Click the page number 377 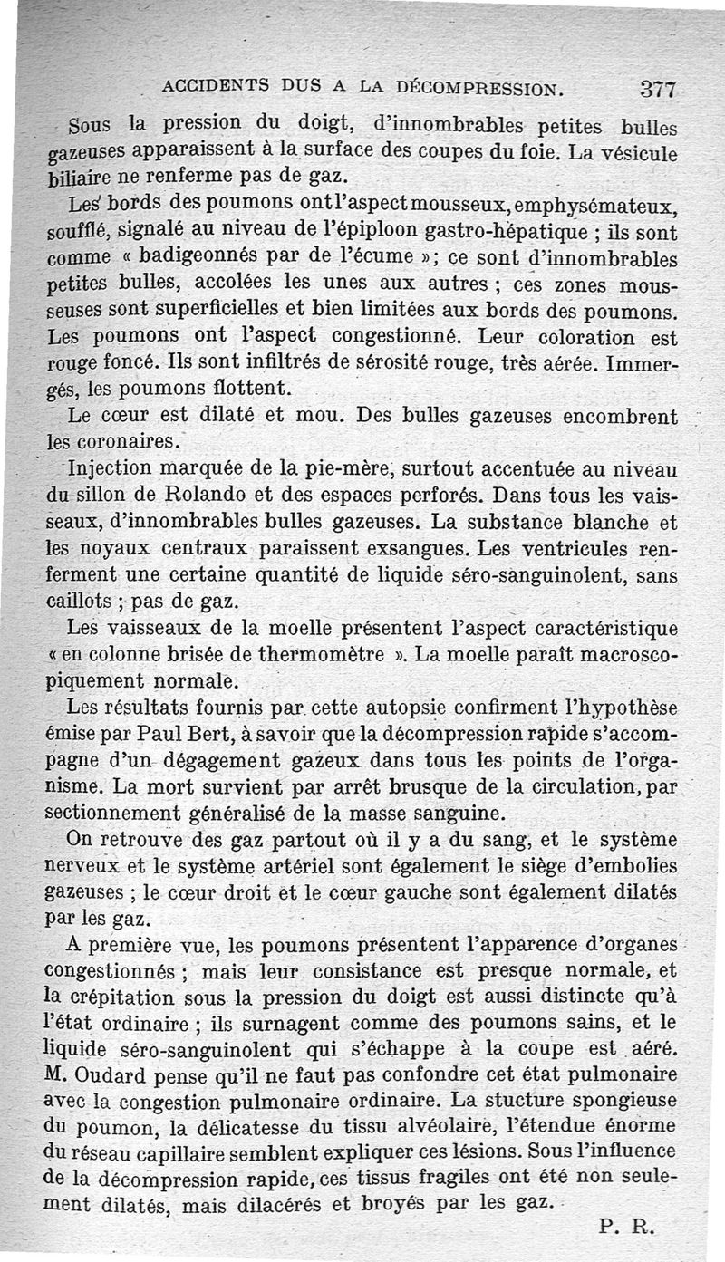click(x=659, y=89)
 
